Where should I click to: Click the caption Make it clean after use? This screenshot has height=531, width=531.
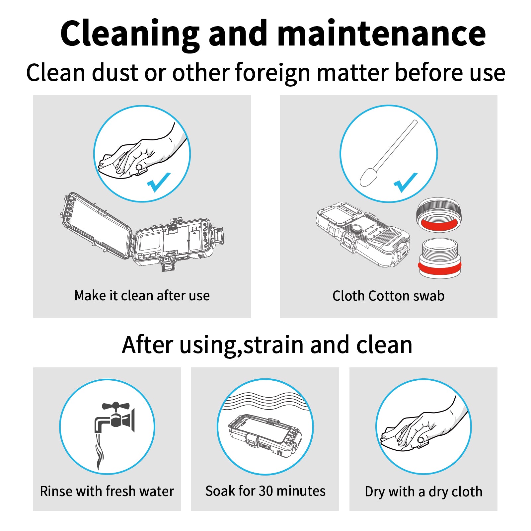[x=142, y=295]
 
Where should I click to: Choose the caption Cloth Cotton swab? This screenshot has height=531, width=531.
[x=388, y=296]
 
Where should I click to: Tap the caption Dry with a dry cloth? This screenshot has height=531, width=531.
[x=423, y=492]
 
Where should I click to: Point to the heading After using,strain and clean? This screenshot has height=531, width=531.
[x=267, y=345]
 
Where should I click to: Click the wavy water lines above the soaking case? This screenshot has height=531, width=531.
[x=265, y=401]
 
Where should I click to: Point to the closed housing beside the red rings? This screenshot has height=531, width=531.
[x=363, y=234]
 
